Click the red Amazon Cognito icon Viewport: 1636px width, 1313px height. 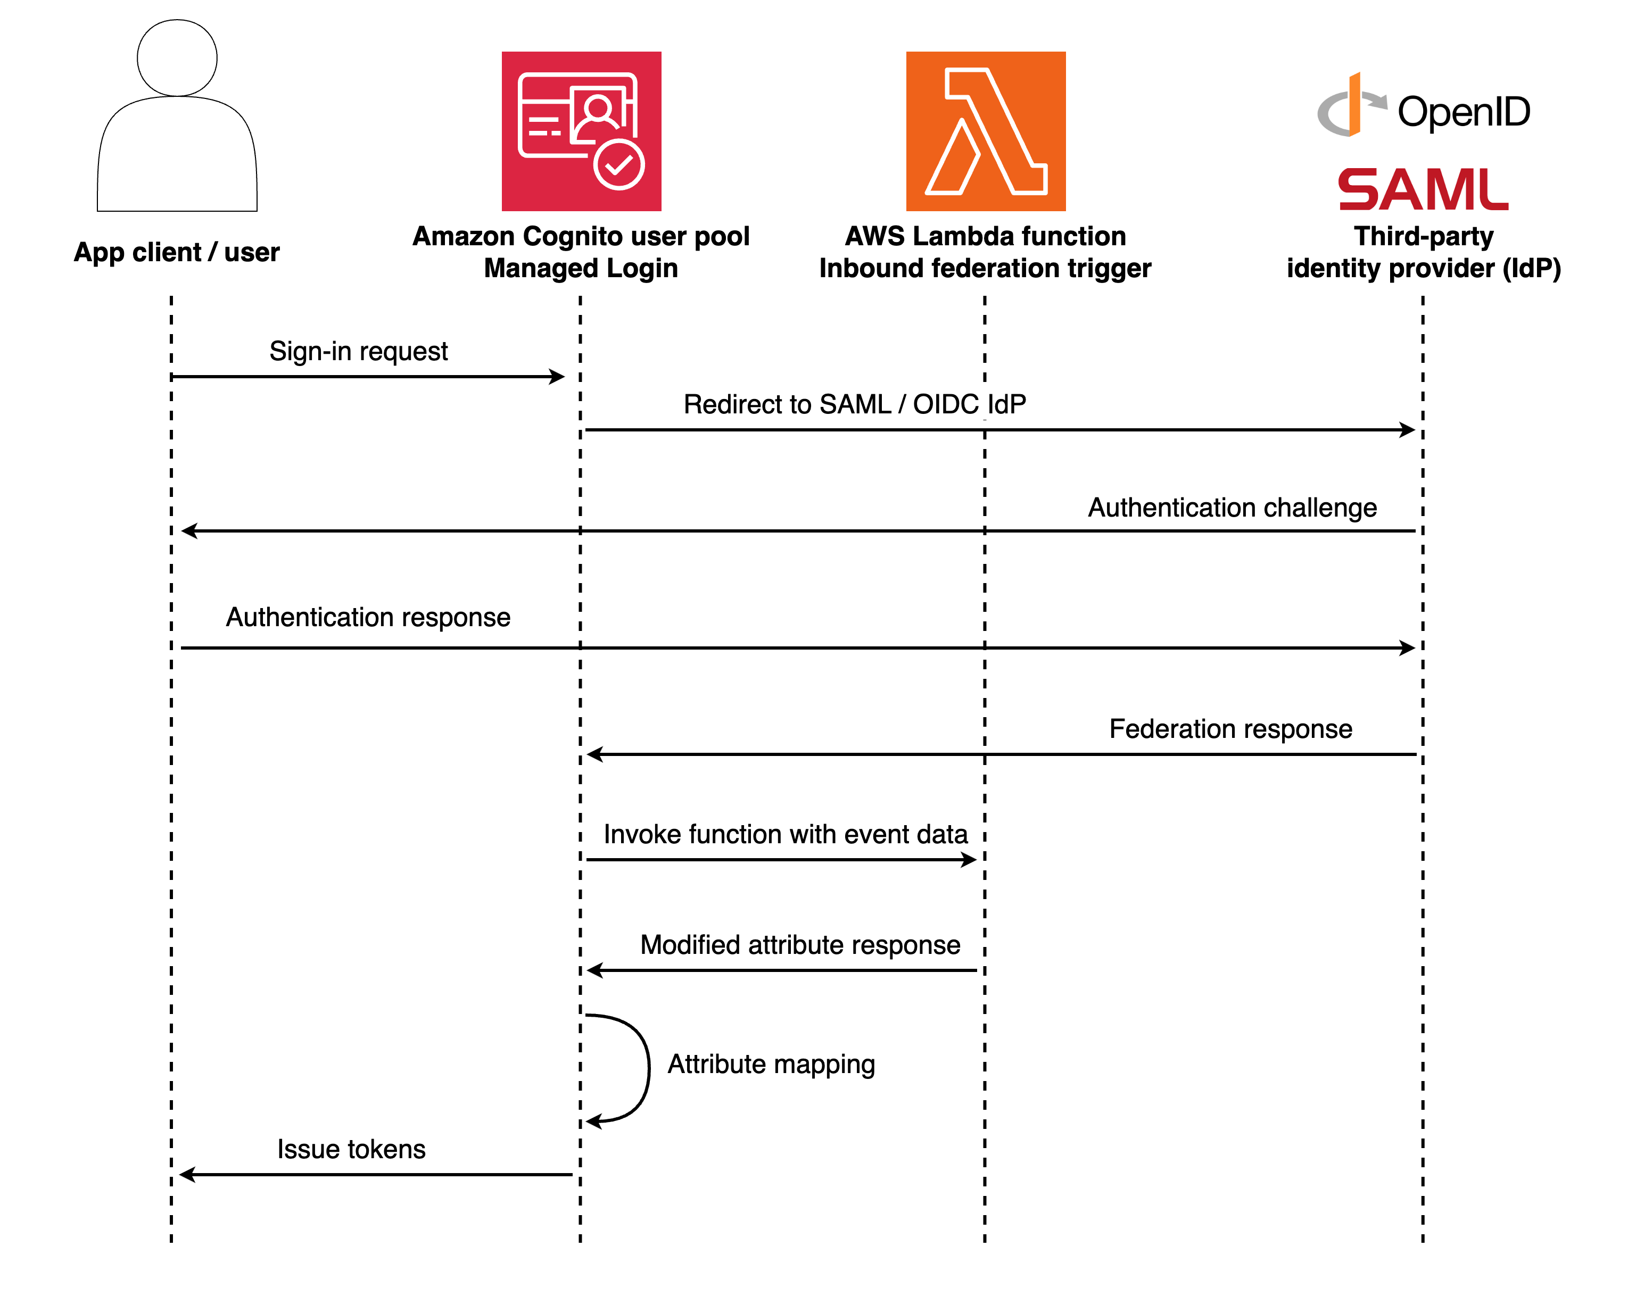(x=581, y=131)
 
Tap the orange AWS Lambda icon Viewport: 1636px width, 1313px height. (x=986, y=131)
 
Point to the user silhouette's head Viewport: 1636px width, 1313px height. (x=177, y=57)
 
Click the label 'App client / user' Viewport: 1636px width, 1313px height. (x=176, y=252)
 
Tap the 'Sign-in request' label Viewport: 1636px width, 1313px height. (x=358, y=351)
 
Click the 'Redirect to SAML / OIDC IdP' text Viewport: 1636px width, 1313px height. (x=854, y=404)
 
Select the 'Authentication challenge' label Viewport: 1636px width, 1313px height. (x=1232, y=508)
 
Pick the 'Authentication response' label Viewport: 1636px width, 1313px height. (x=368, y=618)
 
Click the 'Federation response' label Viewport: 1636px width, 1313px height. (x=1231, y=729)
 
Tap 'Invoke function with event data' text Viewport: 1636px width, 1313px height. (x=786, y=834)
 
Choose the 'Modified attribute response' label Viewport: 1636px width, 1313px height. (x=800, y=945)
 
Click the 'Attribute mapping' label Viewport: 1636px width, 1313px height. (x=771, y=1064)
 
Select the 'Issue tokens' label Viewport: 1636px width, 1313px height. (x=351, y=1149)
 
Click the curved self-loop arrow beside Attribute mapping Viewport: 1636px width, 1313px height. (x=647, y=1066)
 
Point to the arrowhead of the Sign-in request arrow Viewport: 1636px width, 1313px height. (x=558, y=376)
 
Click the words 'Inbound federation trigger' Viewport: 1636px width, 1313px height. (x=985, y=269)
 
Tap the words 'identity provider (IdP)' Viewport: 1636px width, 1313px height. (x=1424, y=269)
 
